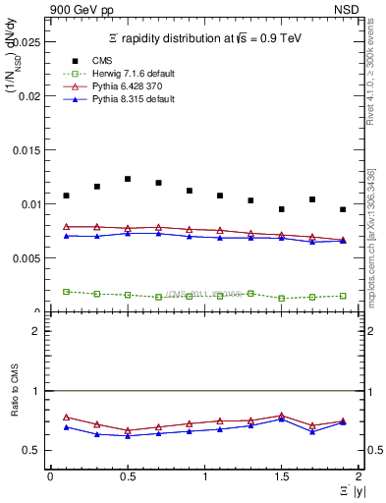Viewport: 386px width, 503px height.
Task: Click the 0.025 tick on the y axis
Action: pyautogui.click(x=31, y=43)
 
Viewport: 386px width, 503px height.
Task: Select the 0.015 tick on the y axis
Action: pyautogui.click(x=31, y=150)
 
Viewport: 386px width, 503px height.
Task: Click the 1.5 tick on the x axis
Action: pyautogui.click(x=281, y=476)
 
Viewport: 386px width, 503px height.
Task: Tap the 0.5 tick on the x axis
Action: pyautogui.click(x=127, y=476)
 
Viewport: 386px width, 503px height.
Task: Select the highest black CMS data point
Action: pyautogui.click(x=128, y=179)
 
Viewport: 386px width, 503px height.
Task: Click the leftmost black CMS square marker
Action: pyautogui.click(x=66, y=196)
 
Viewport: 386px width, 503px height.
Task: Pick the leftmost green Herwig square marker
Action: pyautogui.click(x=66, y=292)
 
